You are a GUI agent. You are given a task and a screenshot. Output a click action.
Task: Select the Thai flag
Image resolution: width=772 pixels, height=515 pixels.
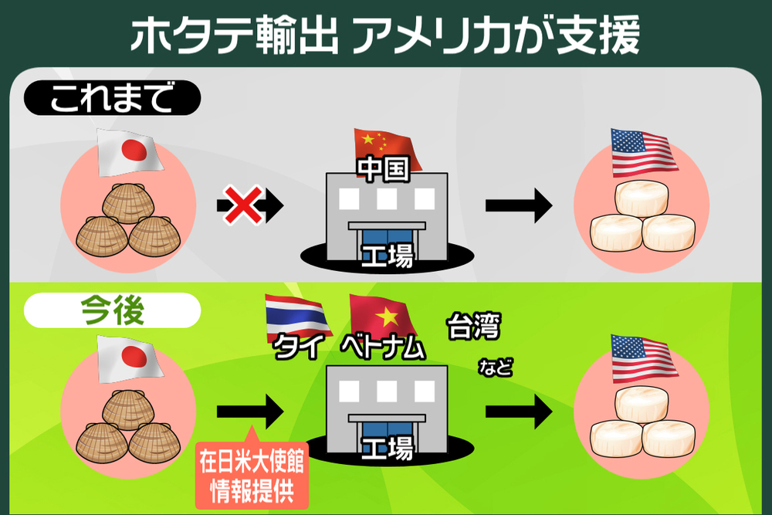(296, 317)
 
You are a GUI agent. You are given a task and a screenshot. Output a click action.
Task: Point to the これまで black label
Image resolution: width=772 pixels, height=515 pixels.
(113, 99)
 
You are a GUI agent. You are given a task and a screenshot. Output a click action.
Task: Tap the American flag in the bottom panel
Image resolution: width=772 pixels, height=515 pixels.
(642, 358)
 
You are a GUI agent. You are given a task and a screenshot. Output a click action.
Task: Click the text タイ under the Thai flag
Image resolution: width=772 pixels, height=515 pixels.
(297, 349)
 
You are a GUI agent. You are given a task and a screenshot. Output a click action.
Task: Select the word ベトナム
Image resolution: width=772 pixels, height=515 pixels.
(383, 349)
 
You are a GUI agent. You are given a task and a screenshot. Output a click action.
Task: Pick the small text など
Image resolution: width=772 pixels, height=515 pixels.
(495, 366)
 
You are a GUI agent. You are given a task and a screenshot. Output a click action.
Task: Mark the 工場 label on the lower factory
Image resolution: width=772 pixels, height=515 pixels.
(387, 446)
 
